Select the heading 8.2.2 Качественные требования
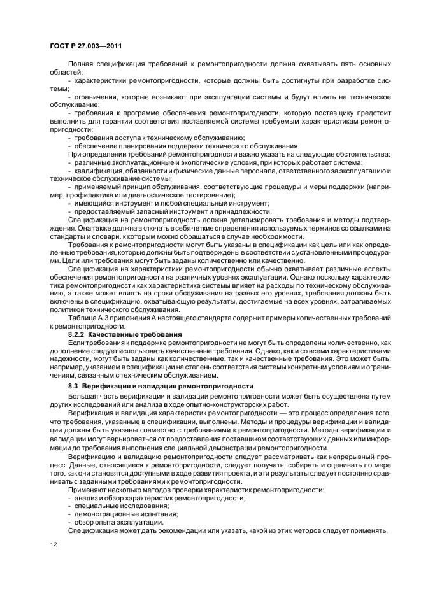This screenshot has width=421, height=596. click(x=125, y=334)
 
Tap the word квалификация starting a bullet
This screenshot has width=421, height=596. click(x=97, y=171)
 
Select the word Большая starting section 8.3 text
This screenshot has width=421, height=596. click(x=83, y=395)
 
